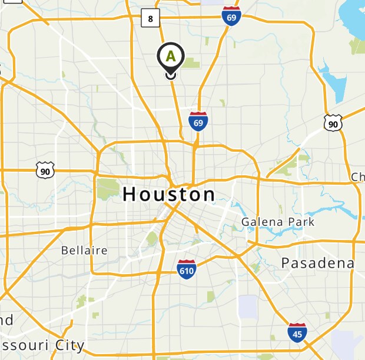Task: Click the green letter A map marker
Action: pyautogui.click(x=171, y=56)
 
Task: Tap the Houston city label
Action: pyautogui.click(x=169, y=195)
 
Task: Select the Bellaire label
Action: pyautogui.click(x=84, y=251)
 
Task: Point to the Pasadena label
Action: pyautogui.click(x=317, y=263)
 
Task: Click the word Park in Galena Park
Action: pyautogui.click(x=301, y=222)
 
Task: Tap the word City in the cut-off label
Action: pyautogui.click(x=69, y=345)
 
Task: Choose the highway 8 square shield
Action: pyautogui.click(x=151, y=19)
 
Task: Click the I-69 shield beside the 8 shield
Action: pyautogui.click(x=231, y=16)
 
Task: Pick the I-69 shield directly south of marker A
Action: pyautogui.click(x=198, y=121)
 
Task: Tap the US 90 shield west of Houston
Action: pyautogui.click(x=45, y=171)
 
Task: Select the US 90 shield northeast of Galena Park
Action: pyautogui.click(x=333, y=123)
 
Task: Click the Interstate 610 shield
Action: pyautogui.click(x=187, y=269)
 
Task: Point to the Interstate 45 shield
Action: pyautogui.click(x=297, y=332)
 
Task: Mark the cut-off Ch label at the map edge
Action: pyautogui.click(x=358, y=177)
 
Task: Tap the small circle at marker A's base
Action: pyautogui.click(x=171, y=74)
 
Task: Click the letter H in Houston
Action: pyautogui.click(x=131, y=195)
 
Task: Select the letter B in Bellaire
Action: pyautogui.click(x=65, y=251)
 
